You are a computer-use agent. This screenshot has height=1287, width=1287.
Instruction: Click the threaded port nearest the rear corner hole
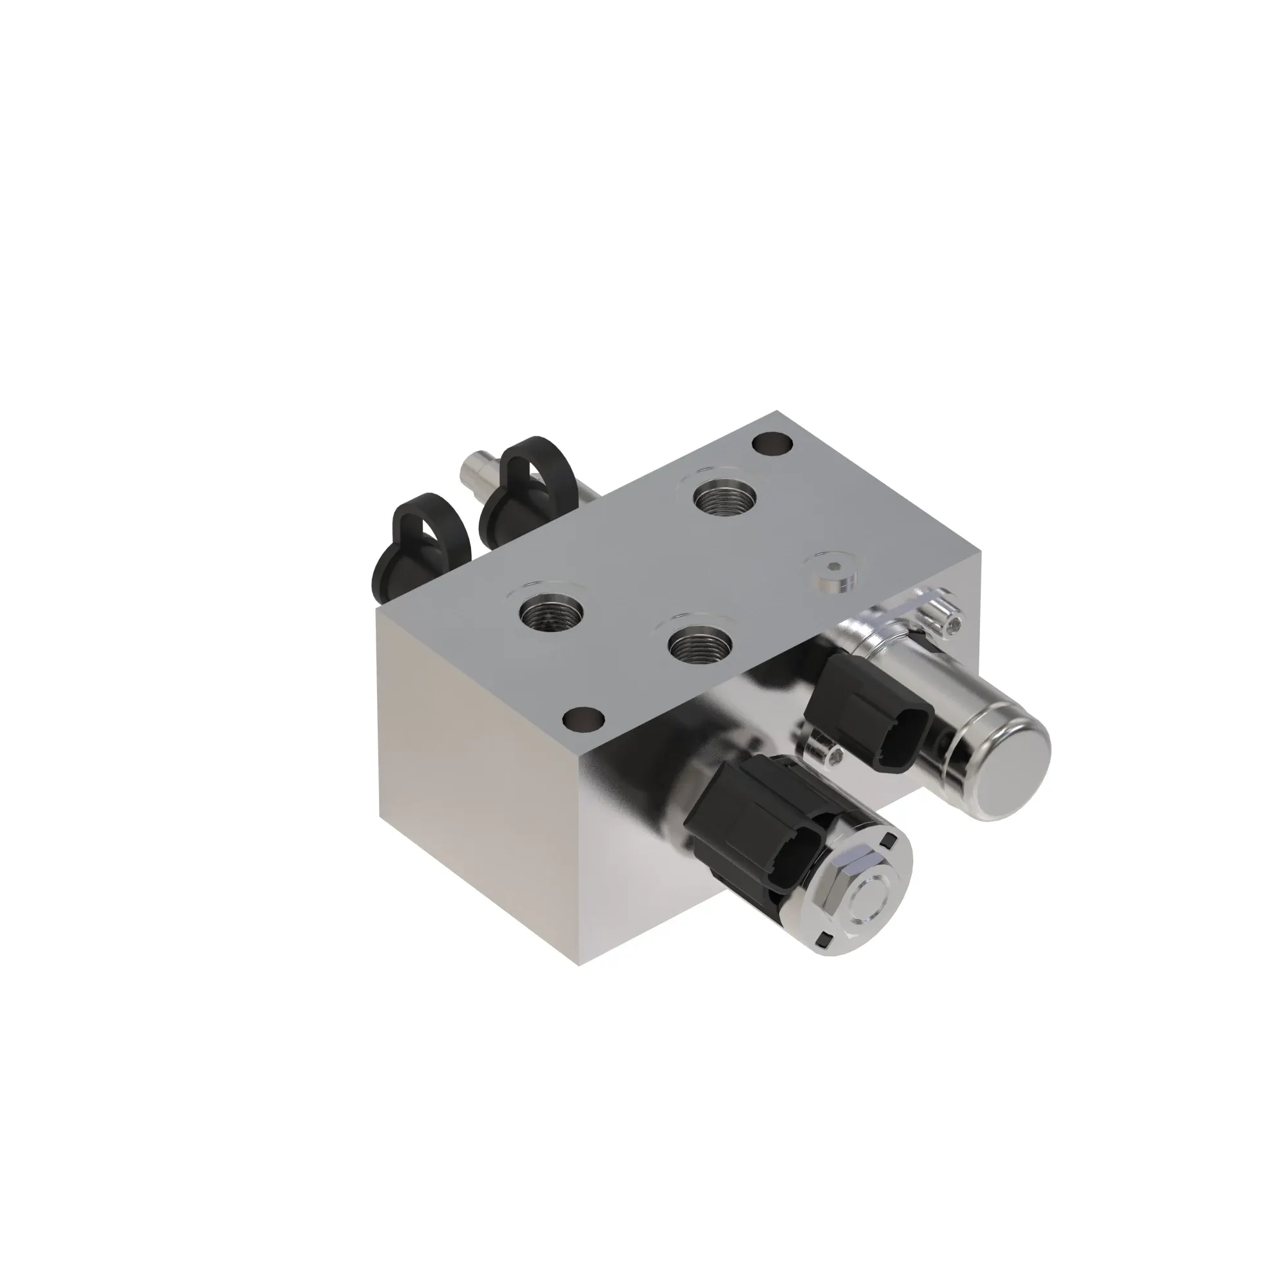point(727,497)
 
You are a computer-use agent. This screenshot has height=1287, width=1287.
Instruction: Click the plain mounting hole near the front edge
point(583,719)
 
